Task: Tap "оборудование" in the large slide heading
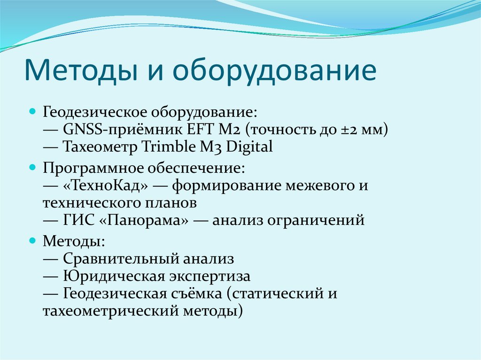pyautogui.click(x=275, y=70)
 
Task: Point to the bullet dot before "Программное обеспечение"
pyautogui.click(x=32, y=167)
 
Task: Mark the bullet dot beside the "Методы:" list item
pyautogui.click(x=32, y=240)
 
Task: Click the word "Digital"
pyautogui.click(x=249, y=146)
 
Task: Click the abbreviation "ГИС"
pyautogui.click(x=74, y=220)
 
